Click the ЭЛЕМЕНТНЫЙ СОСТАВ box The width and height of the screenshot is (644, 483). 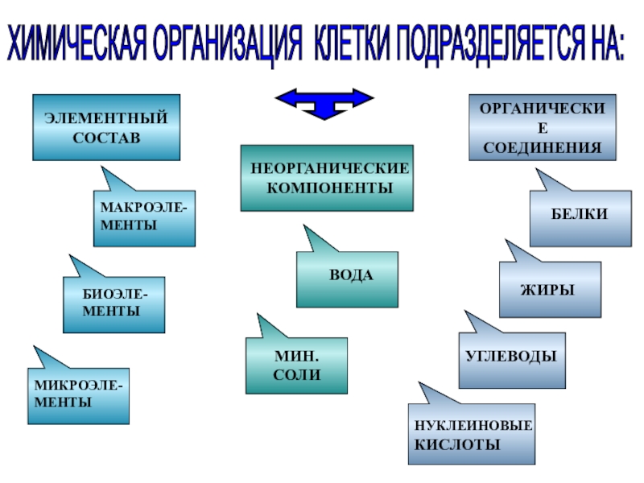105,127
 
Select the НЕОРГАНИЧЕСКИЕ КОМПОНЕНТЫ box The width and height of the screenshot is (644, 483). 327,178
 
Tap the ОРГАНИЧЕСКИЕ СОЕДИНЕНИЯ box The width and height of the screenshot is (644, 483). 542,127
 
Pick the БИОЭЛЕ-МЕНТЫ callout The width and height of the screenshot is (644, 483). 114,304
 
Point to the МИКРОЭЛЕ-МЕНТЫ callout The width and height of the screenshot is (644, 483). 78,395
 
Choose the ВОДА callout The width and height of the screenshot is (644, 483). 347,279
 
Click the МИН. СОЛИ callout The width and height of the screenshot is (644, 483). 296,365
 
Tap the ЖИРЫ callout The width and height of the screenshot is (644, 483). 549,289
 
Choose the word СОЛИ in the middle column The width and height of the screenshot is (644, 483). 297,375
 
